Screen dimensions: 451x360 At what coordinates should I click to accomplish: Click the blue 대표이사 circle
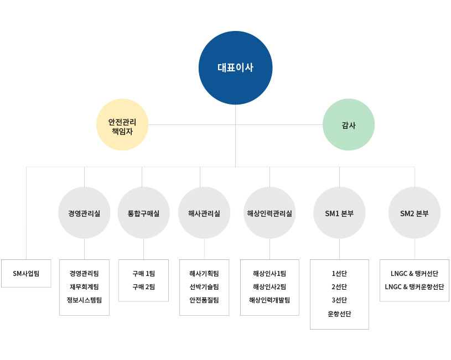235,68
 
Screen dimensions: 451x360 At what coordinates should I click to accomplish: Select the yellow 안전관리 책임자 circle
122,124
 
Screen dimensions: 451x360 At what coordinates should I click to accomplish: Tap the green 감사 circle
349,124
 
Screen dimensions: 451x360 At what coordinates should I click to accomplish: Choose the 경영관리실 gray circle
84,213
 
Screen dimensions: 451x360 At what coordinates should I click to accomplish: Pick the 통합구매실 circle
143,213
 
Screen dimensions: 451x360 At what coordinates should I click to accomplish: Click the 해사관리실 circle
204,213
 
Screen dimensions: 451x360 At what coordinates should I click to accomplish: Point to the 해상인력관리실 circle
269,213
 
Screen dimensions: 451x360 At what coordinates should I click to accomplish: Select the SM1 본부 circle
339,213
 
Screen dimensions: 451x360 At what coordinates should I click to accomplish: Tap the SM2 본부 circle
414,213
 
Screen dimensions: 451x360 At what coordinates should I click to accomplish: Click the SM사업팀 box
26,273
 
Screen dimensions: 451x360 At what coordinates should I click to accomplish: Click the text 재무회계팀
84,286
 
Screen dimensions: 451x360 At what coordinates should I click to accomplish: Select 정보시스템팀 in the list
84,300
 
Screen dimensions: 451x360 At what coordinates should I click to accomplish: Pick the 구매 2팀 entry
143,286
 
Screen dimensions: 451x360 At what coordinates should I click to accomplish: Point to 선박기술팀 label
204,286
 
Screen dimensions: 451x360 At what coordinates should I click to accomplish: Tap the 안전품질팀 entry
204,300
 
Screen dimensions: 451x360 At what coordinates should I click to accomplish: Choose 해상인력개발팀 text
269,300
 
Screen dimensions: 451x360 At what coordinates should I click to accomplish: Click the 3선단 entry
339,300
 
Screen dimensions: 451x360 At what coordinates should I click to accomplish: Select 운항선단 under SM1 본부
339,314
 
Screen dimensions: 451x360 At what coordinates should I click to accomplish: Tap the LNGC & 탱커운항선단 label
414,286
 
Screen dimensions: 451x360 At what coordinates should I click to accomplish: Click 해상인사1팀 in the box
269,273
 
